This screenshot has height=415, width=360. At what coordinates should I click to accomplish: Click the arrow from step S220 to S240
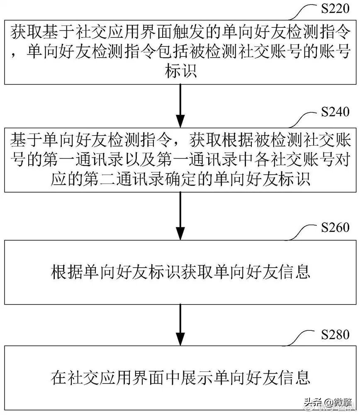180,104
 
